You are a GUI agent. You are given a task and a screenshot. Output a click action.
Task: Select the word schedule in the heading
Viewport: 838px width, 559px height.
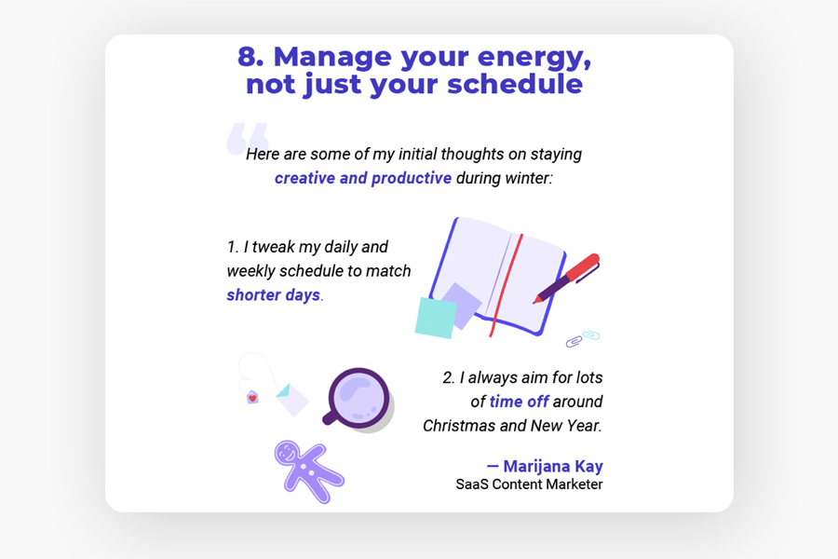[x=515, y=84]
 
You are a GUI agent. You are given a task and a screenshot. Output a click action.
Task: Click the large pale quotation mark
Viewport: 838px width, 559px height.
[x=248, y=139]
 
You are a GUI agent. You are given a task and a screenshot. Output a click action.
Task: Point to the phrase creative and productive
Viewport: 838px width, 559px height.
[x=363, y=178]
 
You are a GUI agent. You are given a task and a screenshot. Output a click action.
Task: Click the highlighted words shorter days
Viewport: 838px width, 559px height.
[x=274, y=294]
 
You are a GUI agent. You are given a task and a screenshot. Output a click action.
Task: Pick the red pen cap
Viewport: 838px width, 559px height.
[x=583, y=266]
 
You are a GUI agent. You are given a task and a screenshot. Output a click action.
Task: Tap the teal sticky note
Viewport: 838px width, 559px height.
[x=436, y=318]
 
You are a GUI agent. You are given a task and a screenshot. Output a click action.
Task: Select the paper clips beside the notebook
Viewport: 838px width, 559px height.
[x=583, y=338]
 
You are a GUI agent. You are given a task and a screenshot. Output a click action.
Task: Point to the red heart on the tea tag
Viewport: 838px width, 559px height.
[x=252, y=398]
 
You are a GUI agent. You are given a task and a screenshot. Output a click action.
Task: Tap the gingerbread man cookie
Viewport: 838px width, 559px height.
[x=308, y=471]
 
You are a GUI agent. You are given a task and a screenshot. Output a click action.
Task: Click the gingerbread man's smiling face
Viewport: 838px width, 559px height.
[x=288, y=454]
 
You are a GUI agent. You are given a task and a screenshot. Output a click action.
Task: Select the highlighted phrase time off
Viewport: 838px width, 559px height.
[x=519, y=402]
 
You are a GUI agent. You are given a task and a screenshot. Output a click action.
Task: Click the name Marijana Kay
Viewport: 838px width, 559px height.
[x=552, y=466]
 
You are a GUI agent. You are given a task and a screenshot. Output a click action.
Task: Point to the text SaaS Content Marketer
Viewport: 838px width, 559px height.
[x=529, y=484]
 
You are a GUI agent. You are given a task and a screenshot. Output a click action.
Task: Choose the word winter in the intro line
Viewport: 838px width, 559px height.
[x=526, y=178]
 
